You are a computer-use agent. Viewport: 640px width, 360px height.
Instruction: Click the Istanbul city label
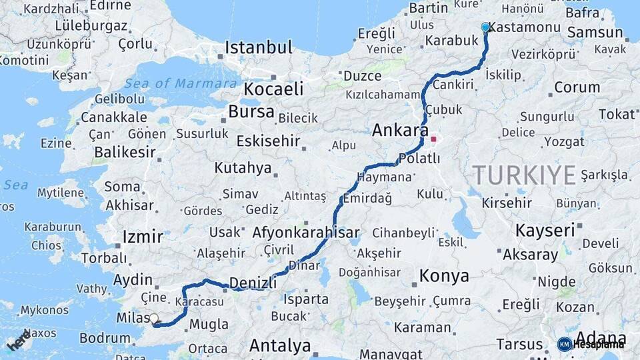click(x=259, y=48)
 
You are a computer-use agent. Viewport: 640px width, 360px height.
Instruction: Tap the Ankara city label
click(x=400, y=131)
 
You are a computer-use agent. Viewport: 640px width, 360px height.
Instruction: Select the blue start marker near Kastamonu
click(x=485, y=27)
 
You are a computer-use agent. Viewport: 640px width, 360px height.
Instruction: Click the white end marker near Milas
click(x=154, y=319)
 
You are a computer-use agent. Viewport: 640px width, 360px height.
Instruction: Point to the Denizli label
click(x=253, y=283)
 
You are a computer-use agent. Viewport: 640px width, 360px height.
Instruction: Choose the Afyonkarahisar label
click(x=306, y=233)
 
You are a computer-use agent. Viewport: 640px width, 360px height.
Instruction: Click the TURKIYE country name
click(x=525, y=175)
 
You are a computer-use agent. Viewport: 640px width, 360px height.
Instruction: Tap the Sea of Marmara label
click(x=181, y=83)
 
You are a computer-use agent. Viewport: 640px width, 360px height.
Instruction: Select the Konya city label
click(x=444, y=275)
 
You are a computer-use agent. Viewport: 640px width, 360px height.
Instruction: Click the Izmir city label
click(x=143, y=237)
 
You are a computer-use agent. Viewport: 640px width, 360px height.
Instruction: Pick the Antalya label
click(x=280, y=346)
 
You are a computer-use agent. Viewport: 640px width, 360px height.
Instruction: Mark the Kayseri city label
click(x=545, y=231)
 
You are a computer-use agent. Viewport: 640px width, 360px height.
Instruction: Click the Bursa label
click(x=251, y=111)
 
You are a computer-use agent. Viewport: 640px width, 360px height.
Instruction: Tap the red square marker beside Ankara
click(x=434, y=140)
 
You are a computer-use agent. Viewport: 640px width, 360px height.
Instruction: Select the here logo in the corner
click(x=19, y=341)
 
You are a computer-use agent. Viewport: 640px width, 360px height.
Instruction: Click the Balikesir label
click(x=125, y=152)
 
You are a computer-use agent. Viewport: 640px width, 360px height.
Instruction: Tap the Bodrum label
click(x=105, y=338)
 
